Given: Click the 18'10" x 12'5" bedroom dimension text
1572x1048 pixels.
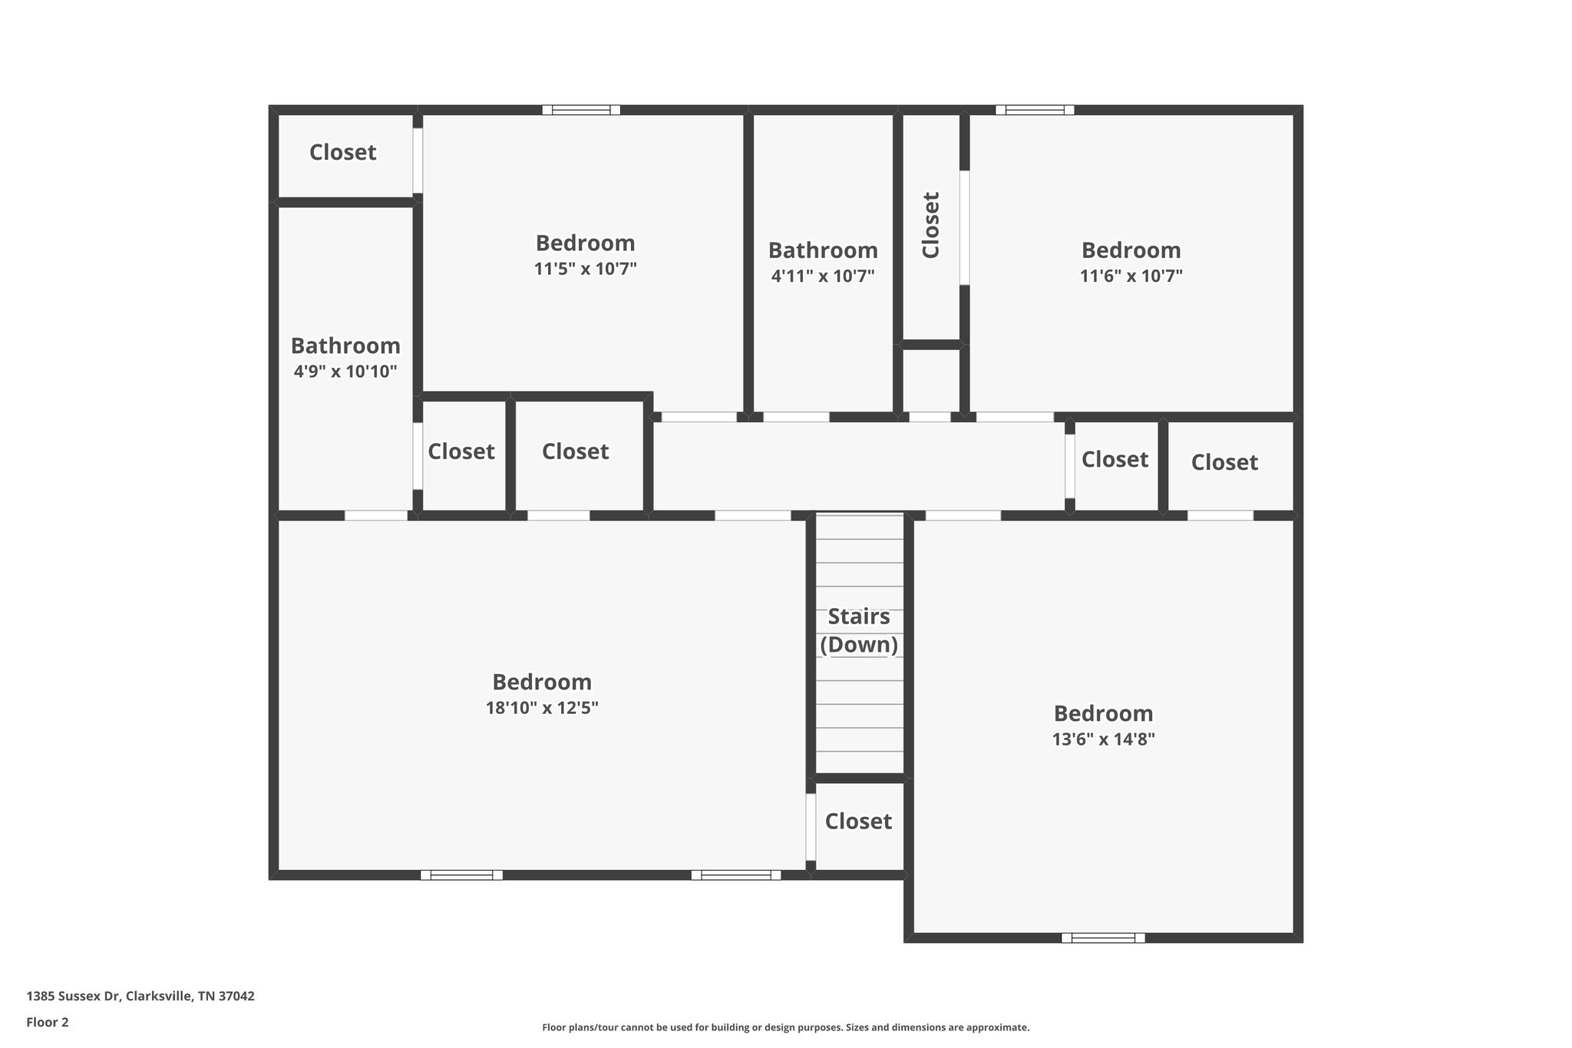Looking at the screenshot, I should (x=542, y=708).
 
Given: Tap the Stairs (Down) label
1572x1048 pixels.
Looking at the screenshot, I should (x=859, y=630).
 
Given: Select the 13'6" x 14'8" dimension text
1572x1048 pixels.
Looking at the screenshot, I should (x=1103, y=739).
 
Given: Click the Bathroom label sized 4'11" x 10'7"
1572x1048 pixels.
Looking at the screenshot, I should (x=823, y=250).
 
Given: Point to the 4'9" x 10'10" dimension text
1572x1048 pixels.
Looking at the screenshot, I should (x=345, y=372).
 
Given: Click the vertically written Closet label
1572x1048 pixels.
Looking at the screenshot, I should (x=930, y=225).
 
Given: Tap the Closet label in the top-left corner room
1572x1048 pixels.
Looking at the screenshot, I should (x=342, y=152).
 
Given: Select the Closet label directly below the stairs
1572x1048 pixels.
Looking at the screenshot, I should (x=858, y=822).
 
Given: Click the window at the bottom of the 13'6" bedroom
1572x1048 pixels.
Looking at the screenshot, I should (x=1103, y=937).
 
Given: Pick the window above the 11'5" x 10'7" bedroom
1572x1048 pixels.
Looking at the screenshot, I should (x=581, y=110).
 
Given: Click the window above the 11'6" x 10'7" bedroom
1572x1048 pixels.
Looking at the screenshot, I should (x=1035, y=110).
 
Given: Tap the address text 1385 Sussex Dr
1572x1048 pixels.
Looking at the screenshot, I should (x=140, y=996).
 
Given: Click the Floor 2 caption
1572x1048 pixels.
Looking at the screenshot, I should (x=48, y=1022).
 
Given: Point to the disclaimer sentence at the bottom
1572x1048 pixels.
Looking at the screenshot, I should (x=785, y=1027).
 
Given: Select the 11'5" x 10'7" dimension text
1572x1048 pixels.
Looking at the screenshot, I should (x=586, y=269).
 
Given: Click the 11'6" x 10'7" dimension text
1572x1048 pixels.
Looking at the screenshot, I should (x=1131, y=276).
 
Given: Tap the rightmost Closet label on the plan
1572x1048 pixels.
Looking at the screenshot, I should (x=1224, y=462).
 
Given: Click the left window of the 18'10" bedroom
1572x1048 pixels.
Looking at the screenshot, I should (x=461, y=874).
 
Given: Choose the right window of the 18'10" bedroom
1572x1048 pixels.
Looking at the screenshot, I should (x=735, y=874).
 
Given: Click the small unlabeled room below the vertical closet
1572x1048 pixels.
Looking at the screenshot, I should (x=930, y=380).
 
